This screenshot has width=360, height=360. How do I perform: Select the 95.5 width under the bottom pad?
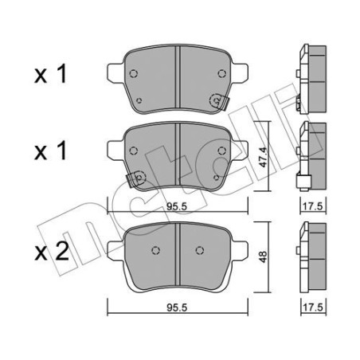click(x=176, y=306)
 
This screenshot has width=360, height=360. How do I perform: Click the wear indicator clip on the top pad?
click(x=217, y=102)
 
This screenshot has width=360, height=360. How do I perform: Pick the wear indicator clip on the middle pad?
click(x=137, y=178)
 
